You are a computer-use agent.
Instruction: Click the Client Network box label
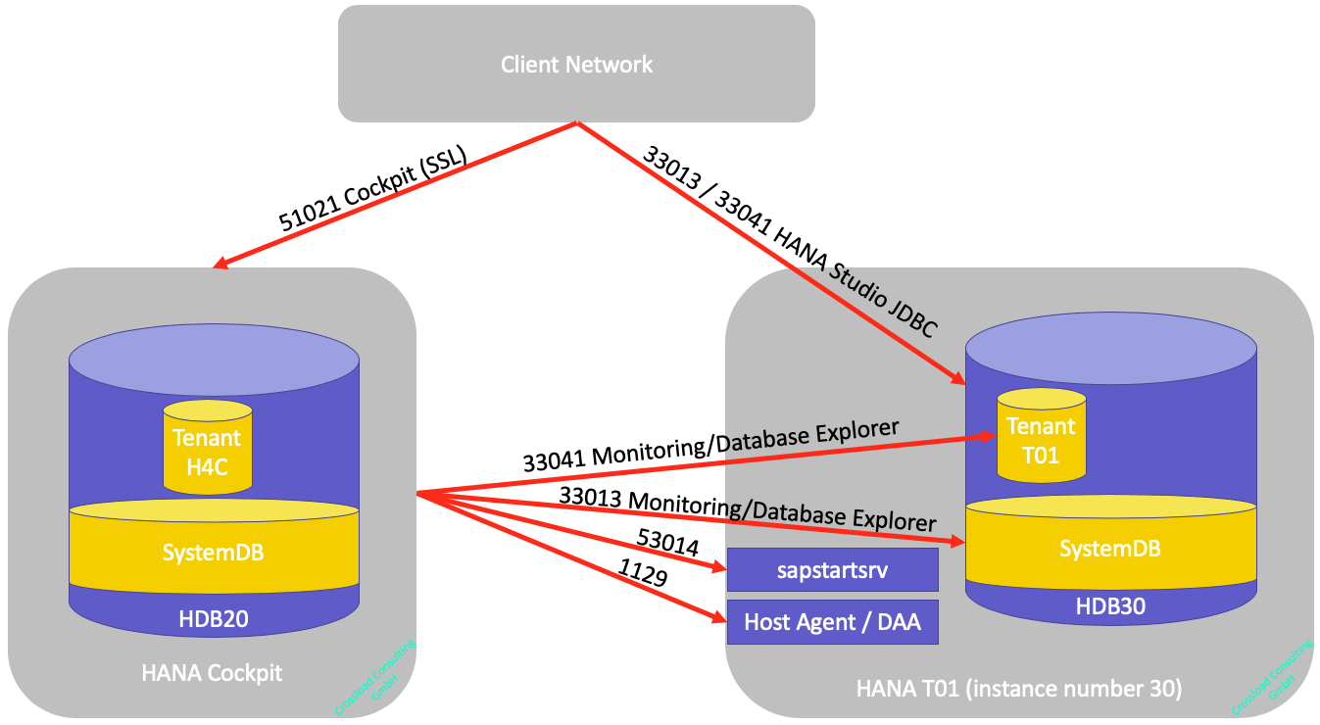[576, 65]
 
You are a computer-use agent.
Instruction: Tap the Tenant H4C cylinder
[208, 452]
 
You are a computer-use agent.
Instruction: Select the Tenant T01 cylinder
[1041, 440]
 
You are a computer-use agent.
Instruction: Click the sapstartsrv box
[832, 570]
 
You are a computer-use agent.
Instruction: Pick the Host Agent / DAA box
[832, 622]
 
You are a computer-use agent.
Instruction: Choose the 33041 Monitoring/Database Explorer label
[710, 448]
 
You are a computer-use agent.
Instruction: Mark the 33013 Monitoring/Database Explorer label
[747, 509]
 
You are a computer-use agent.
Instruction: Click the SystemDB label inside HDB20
[213, 552]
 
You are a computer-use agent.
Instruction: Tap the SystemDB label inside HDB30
[1110, 549]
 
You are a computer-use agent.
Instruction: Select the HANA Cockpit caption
[212, 673]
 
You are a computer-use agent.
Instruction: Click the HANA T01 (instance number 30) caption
[1019, 689]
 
